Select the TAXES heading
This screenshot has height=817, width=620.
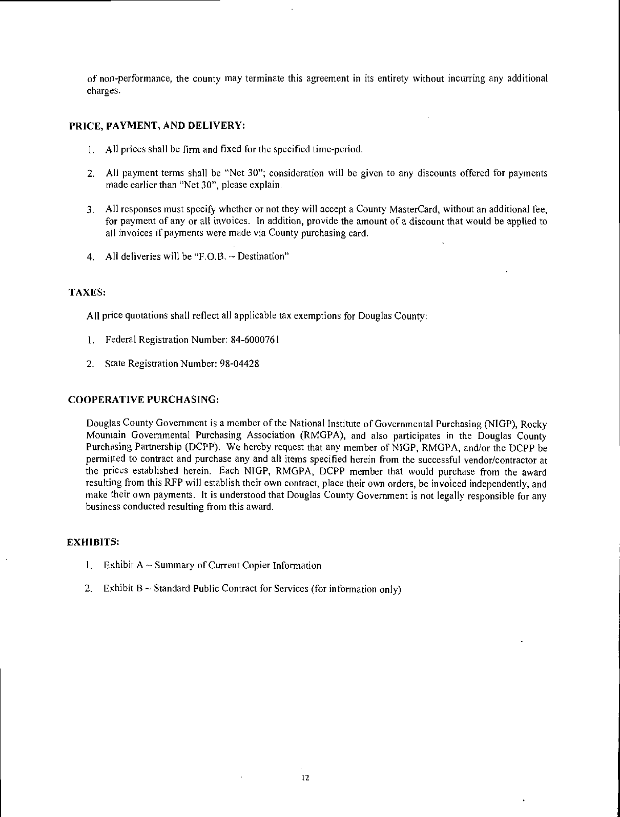(87, 292)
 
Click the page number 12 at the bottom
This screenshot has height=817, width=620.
(306, 778)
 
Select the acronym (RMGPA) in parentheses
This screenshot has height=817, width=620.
(317, 436)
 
